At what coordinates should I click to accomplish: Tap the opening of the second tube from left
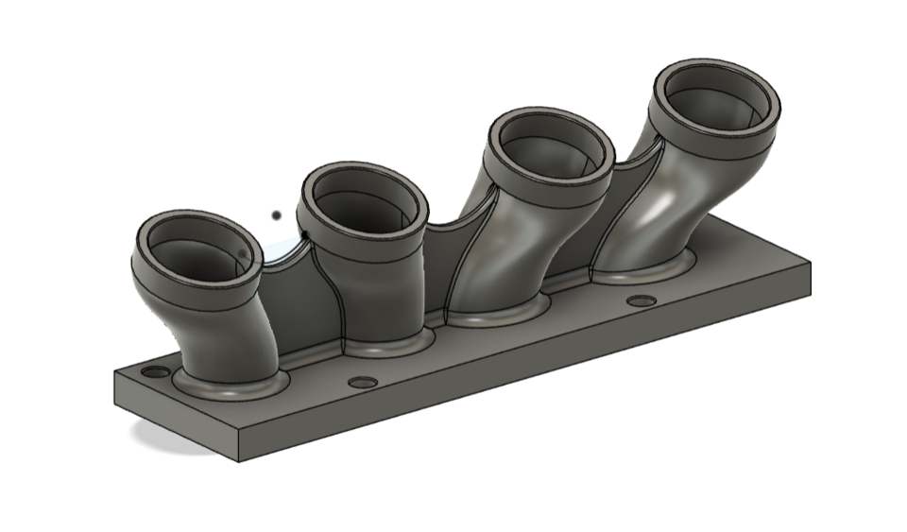click(x=364, y=202)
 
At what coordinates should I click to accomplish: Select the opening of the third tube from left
click(x=550, y=149)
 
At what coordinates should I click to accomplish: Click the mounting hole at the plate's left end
click(x=155, y=371)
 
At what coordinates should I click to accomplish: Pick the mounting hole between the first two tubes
click(x=362, y=383)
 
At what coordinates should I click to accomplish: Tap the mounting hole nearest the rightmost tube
click(x=642, y=300)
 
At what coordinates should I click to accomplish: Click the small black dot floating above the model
click(x=275, y=215)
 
